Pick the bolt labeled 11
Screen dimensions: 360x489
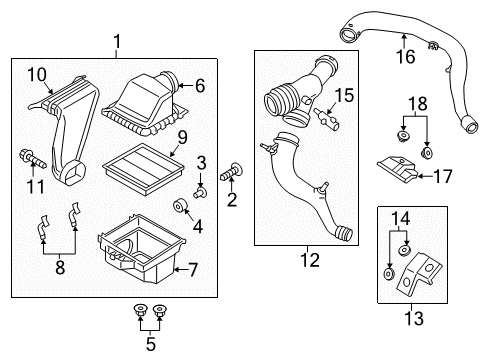pos(34,159)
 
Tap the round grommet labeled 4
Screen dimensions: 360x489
pos(182,207)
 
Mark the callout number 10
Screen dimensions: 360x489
pos(36,74)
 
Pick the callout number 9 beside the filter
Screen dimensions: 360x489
pos(183,136)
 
